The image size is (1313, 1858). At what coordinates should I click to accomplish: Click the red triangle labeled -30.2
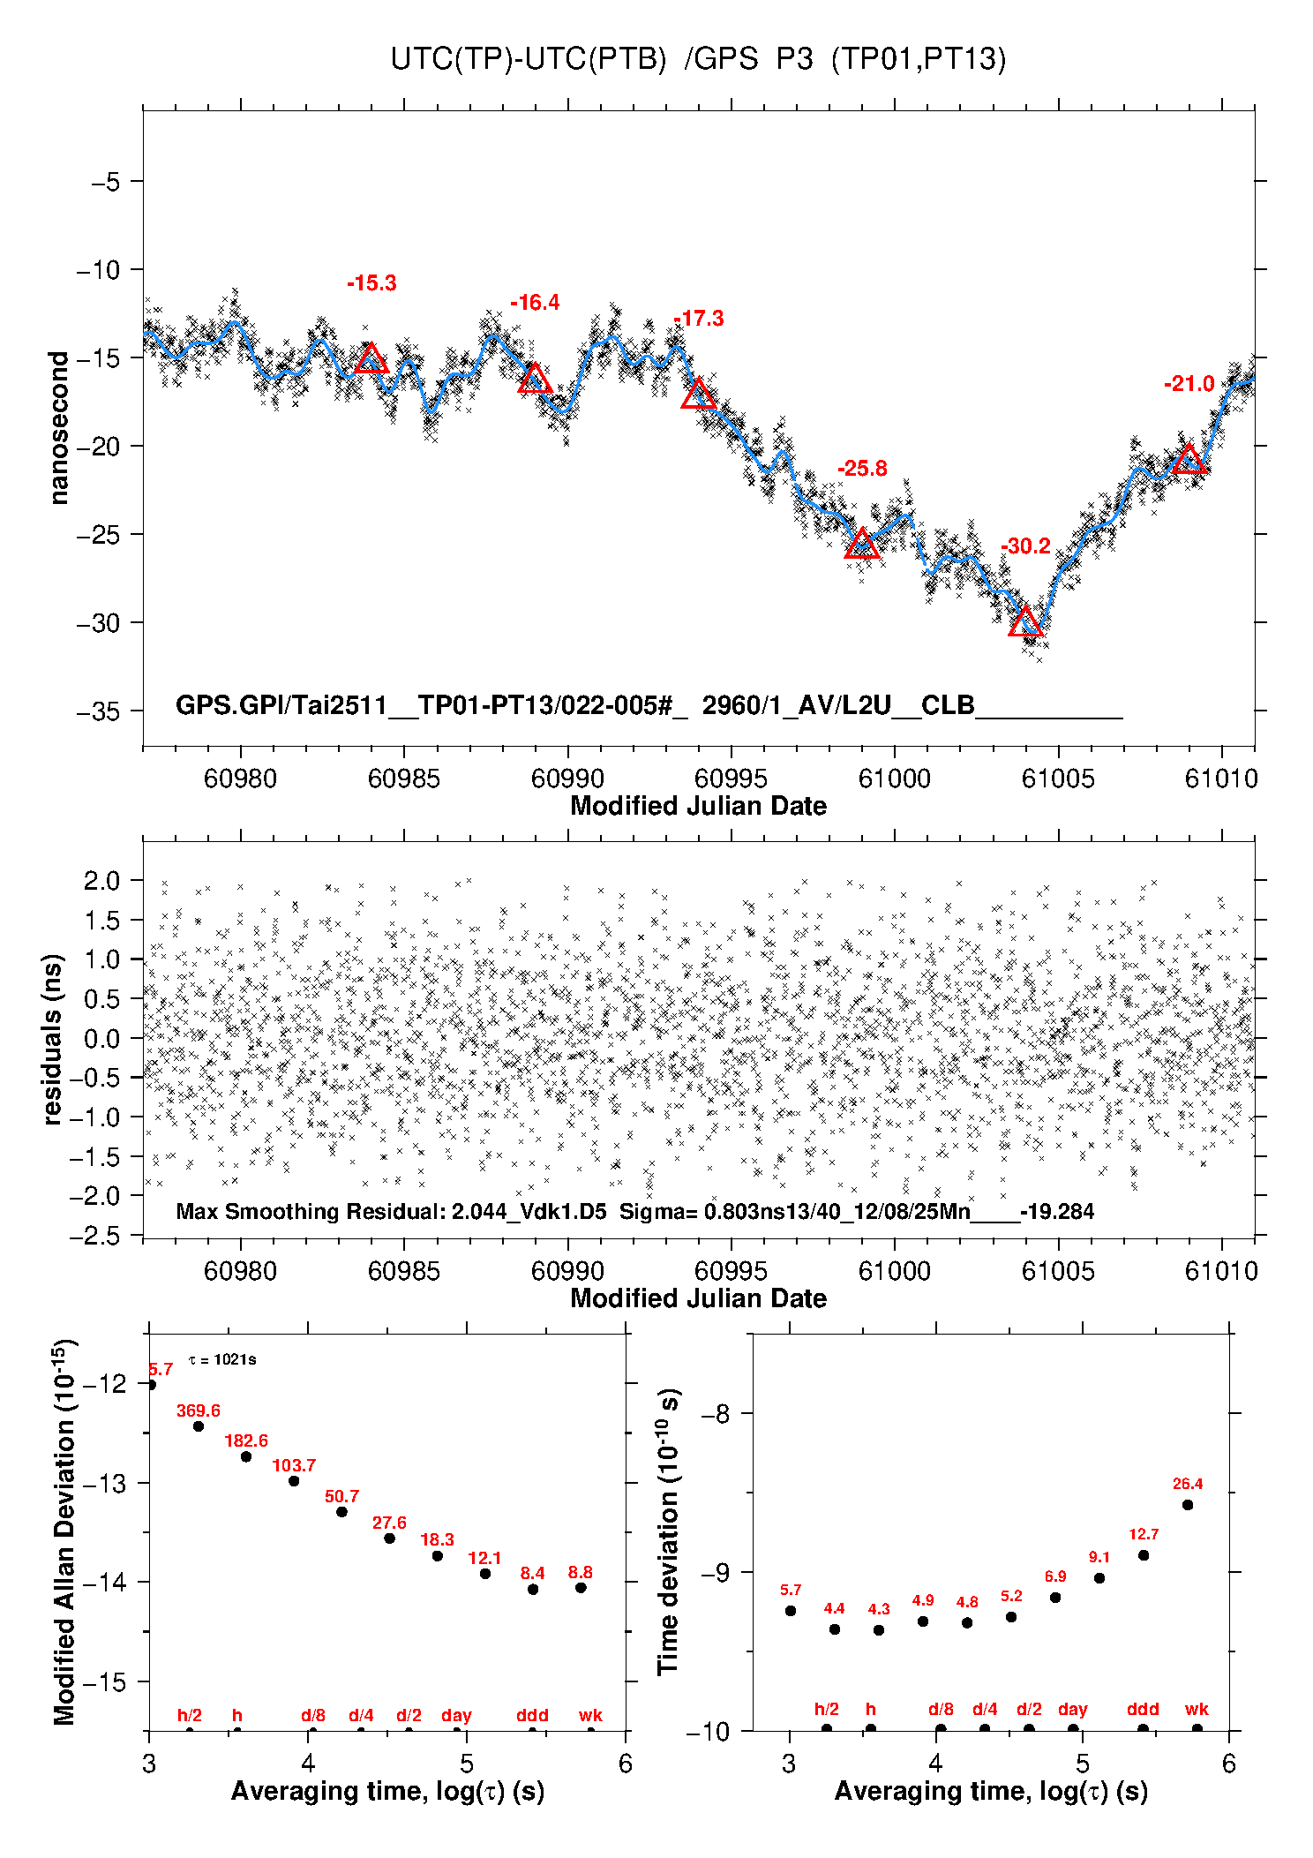(1025, 622)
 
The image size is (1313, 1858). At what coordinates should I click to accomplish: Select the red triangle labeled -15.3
(371, 359)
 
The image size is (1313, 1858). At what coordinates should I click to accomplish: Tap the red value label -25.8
(862, 469)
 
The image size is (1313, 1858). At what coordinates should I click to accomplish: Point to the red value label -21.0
(1189, 384)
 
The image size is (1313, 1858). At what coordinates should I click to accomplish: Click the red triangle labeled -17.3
(699, 395)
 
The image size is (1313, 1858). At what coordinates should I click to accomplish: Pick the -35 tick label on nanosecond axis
(98, 711)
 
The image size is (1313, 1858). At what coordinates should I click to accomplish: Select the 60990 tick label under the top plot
(567, 779)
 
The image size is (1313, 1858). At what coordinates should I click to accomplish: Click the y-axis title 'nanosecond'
(59, 428)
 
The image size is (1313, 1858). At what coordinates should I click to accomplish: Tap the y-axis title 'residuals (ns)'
(53, 1039)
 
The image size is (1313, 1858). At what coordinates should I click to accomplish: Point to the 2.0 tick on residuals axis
(101, 880)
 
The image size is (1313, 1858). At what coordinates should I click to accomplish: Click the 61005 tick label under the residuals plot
(1058, 1271)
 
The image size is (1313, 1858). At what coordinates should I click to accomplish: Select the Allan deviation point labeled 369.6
(199, 1426)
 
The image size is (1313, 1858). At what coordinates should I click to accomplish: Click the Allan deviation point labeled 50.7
(341, 1512)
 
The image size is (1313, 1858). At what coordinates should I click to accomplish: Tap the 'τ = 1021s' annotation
(222, 1359)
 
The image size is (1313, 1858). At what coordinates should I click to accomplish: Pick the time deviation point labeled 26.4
(1188, 1505)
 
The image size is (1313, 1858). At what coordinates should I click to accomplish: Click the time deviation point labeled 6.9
(1055, 1598)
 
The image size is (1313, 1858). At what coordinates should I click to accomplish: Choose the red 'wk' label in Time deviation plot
(1197, 1710)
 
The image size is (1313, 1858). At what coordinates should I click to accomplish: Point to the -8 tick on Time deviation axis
(714, 1414)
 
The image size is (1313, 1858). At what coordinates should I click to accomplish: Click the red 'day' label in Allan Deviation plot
(456, 1716)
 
